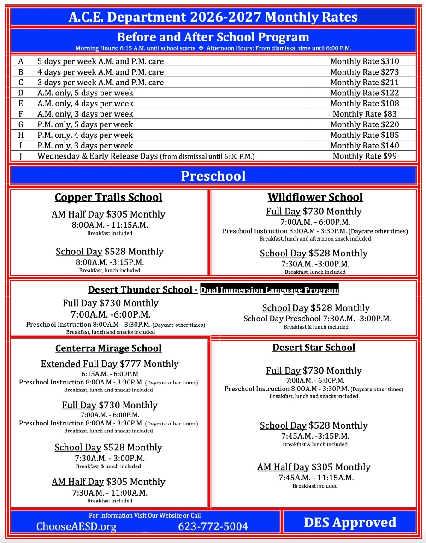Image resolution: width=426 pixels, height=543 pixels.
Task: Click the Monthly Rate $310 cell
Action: pos(364,61)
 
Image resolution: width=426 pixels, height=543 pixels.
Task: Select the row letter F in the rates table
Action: pos(21,114)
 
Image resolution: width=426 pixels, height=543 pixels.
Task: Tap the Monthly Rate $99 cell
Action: pos(364,156)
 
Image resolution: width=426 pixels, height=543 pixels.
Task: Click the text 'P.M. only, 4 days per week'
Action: pos(85,135)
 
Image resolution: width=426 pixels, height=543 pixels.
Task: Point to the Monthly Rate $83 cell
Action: pos(364,114)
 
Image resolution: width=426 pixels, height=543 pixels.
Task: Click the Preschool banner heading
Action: pos(213,176)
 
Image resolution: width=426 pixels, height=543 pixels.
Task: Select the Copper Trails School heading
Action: pos(108,197)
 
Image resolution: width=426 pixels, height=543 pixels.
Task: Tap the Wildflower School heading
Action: pos(315,197)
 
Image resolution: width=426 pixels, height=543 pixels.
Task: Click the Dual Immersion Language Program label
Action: pos(269,290)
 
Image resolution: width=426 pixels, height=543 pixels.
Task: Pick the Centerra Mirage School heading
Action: pos(108,348)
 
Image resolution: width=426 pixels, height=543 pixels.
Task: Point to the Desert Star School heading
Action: pos(314,347)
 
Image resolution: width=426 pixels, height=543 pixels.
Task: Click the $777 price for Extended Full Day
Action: pos(130,364)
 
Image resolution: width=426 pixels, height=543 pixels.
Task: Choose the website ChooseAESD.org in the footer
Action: pos(77,526)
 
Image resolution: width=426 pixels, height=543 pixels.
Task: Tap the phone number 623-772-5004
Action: pos(213,526)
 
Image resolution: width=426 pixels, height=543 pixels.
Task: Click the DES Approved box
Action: pos(350,522)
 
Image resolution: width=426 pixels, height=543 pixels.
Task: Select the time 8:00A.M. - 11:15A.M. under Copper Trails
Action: pos(109,225)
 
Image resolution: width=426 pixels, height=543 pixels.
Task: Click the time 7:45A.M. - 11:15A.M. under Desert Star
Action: pos(316,478)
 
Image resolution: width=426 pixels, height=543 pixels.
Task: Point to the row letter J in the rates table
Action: pos(21,156)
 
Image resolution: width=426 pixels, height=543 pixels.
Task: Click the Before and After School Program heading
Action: pos(213,37)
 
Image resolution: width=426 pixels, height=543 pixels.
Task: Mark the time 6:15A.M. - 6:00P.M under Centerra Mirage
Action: pos(109,374)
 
